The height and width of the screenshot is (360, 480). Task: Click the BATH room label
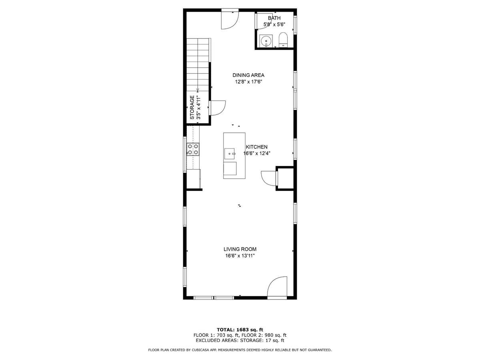coord(274,18)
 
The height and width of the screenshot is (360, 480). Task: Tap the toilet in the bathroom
coord(284,40)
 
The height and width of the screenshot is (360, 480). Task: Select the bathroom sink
coord(266,41)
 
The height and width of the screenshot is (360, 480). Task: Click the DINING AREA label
coord(248,75)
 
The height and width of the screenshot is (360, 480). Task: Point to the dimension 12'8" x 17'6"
coord(248,82)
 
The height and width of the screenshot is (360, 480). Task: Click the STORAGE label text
coord(192,107)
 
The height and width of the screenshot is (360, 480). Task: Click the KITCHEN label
coord(256,147)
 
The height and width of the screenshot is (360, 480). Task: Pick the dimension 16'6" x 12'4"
coord(257,154)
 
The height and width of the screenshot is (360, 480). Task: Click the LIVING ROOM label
coord(240,249)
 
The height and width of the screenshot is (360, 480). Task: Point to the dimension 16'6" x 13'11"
coord(240,256)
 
